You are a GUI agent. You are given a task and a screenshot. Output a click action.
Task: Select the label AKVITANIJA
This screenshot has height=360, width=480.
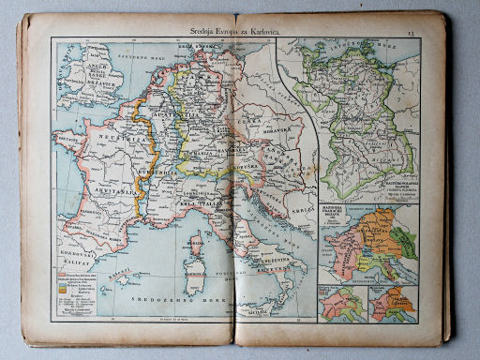[x=96, y=188]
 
